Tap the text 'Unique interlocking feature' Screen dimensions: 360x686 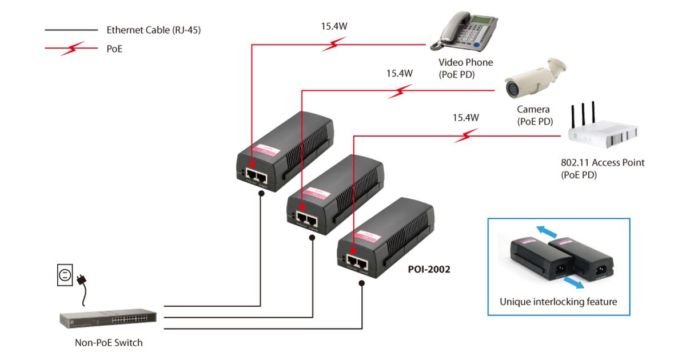[x=558, y=302]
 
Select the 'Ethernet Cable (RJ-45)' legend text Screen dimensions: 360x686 [x=153, y=30]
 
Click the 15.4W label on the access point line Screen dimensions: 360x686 [x=465, y=118]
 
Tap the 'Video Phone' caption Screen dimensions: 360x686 [x=465, y=62]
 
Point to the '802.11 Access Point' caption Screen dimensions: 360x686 [x=602, y=162]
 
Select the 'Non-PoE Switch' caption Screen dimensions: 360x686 [x=109, y=343]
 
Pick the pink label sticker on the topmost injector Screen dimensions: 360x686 [x=265, y=149]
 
